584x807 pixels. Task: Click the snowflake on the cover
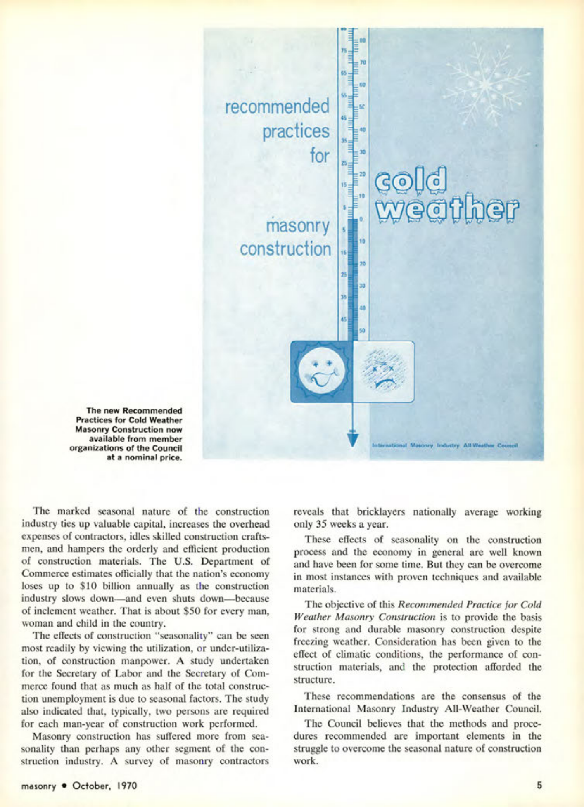coord(486,84)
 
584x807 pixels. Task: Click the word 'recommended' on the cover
coord(277,107)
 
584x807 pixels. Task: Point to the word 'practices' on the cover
coord(296,131)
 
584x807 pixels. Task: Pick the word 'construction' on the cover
coord(285,249)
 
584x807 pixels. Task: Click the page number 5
coord(539,785)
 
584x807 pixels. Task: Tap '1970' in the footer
coord(124,786)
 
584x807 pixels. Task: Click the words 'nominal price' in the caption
coord(151,458)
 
